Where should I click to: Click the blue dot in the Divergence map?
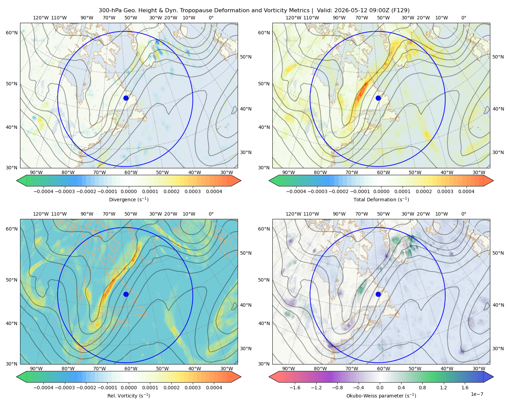(126, 98)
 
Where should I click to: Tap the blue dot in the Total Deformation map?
(378, 98)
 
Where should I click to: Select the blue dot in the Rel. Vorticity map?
(126, 294)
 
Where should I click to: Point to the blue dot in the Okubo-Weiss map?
(378, 294)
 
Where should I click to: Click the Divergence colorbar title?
(129, 200)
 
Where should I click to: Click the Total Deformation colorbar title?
(381, 200)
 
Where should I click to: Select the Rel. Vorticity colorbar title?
(129, 396)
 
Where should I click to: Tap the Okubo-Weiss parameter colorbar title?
(381, 396)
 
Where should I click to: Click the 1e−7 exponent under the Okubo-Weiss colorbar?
(477, 394)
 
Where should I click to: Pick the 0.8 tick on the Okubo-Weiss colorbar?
(422, 388)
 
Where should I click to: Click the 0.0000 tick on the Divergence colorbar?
(129, 191)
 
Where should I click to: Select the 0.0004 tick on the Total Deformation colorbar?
(466, 191)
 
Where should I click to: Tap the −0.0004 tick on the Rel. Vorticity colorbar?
(44, 388)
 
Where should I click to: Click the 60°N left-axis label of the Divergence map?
(12, 33)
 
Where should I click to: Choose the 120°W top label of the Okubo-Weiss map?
(293, 214)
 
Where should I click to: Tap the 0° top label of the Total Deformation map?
(463, 18)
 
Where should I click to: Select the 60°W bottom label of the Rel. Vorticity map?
(131, 369)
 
